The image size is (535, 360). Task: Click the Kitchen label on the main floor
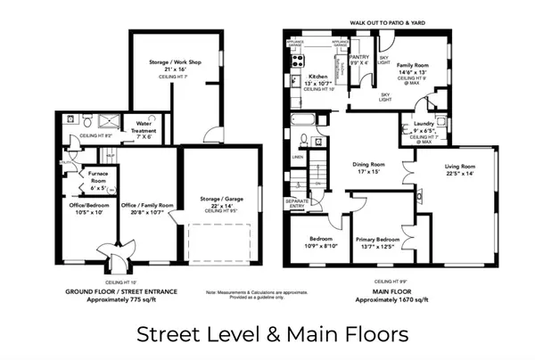point(318,77)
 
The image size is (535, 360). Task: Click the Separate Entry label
point(297,204)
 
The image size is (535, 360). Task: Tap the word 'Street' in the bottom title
point(169,334)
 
